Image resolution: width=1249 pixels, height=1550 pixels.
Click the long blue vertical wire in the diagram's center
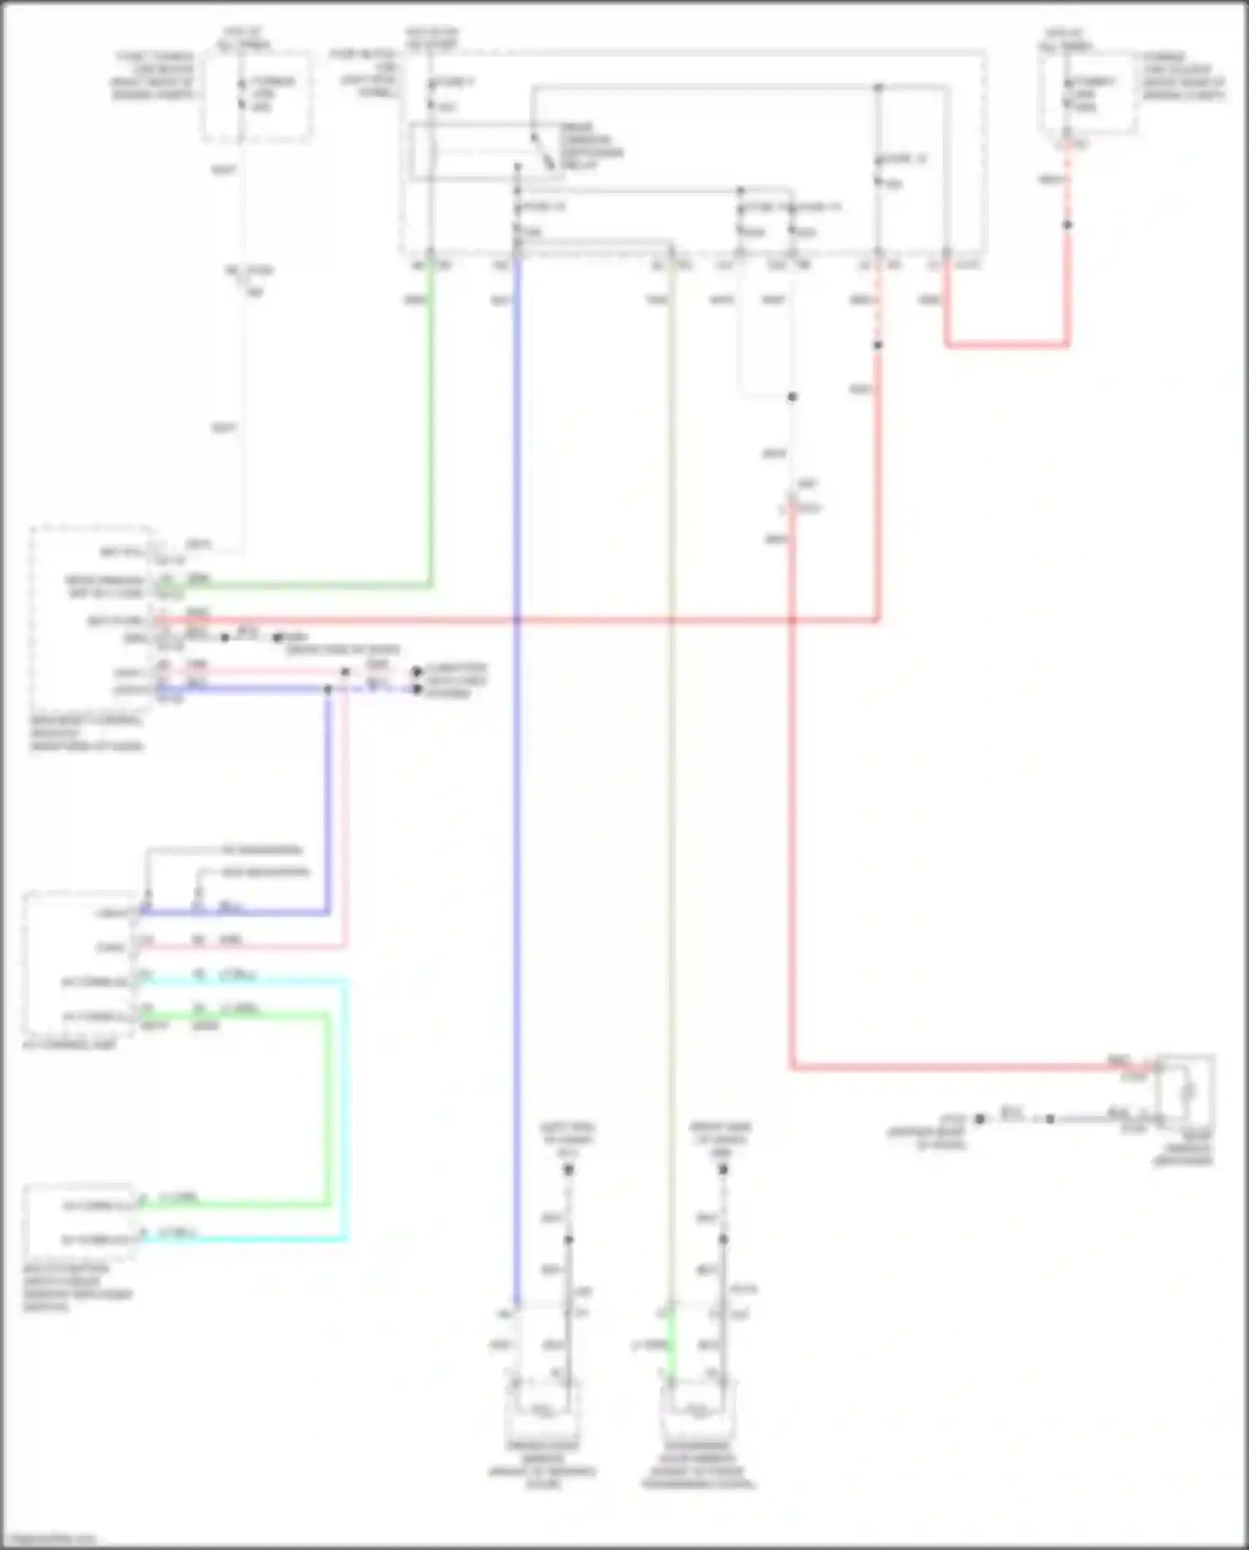(x=517, y=833)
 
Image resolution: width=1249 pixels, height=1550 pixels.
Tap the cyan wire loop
(x=345, y=1108)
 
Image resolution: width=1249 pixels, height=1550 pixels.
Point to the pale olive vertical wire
(x=671, y=833)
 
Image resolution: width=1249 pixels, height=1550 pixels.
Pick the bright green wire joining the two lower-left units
(x=327, y=1108)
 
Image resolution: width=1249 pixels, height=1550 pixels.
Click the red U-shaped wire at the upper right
(x=1008, y=343)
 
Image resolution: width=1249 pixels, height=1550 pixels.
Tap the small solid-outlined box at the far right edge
(x=1187, y=1091)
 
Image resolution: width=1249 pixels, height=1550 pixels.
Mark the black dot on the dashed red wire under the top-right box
(x=1067, y=225)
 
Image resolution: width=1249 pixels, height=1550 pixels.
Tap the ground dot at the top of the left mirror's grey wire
(x=569, y=1170)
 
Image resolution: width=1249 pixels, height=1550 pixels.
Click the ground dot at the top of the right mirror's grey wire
(x=723, y=1170)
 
